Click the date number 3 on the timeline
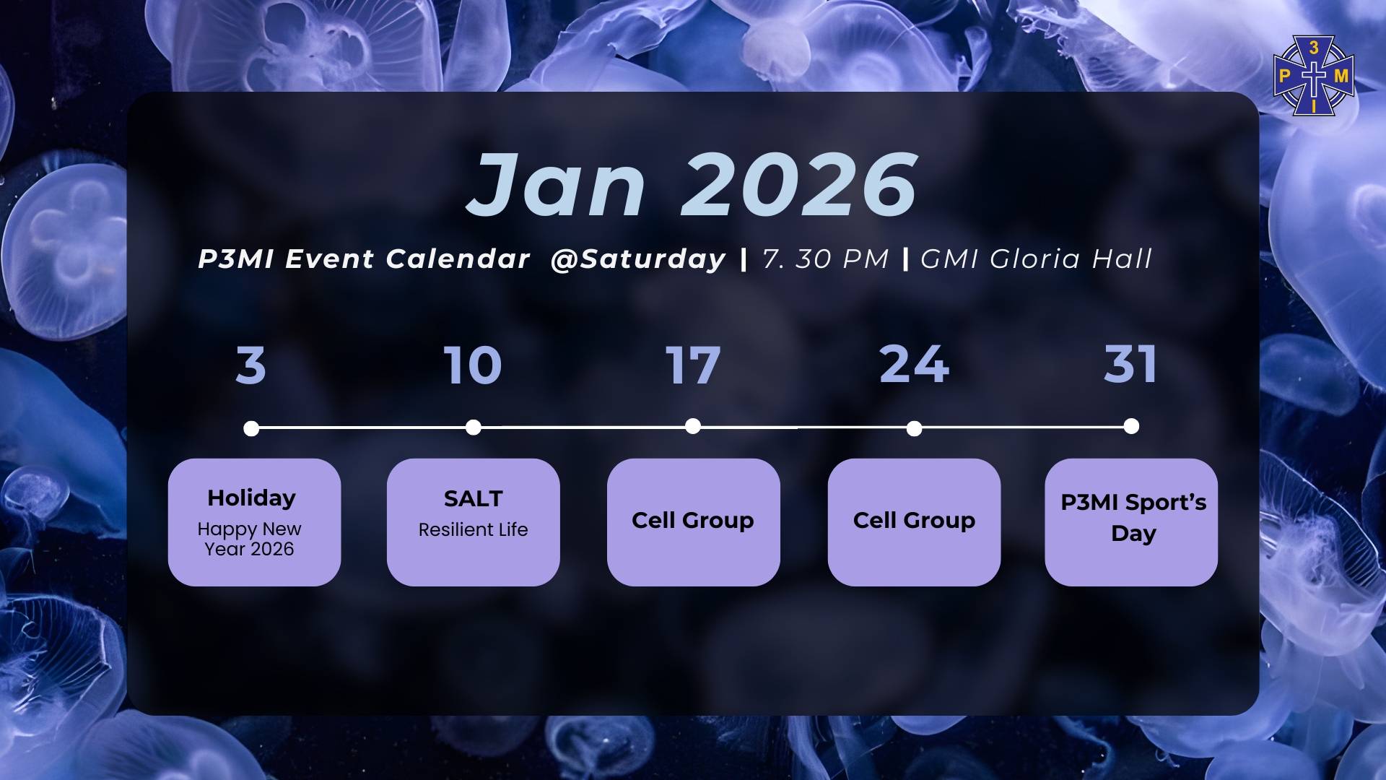[251, 365]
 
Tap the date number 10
[473, 365]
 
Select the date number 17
[693, 365]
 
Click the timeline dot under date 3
[251, 429]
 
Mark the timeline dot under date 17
[693, 426]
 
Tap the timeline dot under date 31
[1132, 426]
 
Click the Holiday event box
[254, 522]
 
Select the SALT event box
[474, 522]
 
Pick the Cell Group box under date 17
[694, 522]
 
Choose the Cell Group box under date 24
[915, 522]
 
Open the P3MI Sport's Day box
[1131, 522]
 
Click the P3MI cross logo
[1314, 77]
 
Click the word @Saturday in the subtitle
[637, 259]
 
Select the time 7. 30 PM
[825, 259]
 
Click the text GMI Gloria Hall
[1036, 259]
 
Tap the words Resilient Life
[474, 529]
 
